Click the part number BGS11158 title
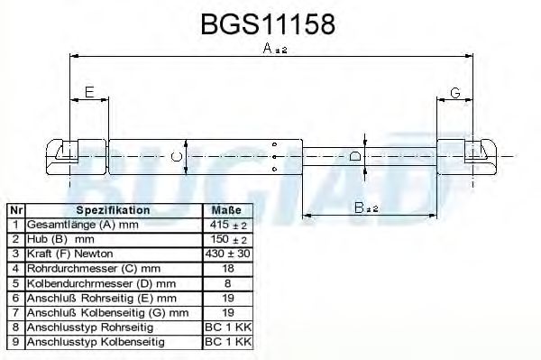[x=268, y=24]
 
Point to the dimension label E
[x=89, y=92]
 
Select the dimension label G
[x=455, y=93]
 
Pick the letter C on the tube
[x=177, y=157]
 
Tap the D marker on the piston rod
[x=354, y=156]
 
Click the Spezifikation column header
[x=114, y=210]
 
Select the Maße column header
[x=226, y=210]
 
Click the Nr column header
[x=16, y=210]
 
